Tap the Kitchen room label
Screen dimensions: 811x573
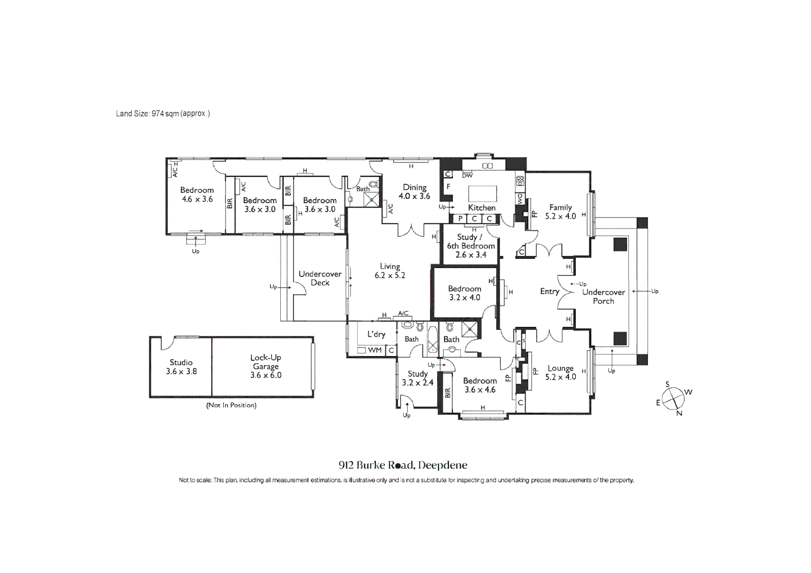pyautogui.click(x=481, y=208)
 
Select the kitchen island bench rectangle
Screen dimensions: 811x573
pyautogui.click(x=482, y=194)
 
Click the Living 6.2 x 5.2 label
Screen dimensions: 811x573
pyautogui.click(x=390, y=271)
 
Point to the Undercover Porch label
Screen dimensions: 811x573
pyautogui.click(x=603, y=297)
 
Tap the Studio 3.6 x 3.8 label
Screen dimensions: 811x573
pyautogui.click(x=181, y=367)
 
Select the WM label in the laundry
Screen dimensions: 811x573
pyautogui.click(x=375, y=350)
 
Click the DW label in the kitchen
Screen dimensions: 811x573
pyautogui.click(x=468, y=176)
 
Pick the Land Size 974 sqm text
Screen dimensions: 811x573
pyautogui.click(x=163, y=114)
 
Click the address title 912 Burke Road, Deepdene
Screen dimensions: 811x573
pyautogui.click(x=403, y=465)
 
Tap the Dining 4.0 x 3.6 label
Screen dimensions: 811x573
pyautogui.click(x=415, y=192)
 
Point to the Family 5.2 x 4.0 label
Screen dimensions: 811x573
pyautogui.click(x=560, y=212)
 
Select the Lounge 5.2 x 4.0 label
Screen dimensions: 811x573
pyautogui.click(x=560, y=372)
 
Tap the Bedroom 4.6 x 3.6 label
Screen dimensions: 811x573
pyautogui.click(x=197, y=194)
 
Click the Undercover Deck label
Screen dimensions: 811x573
pyautogui.click(x=320, y=279)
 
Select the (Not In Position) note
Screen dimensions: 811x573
pyautogui.click(x=231, y=405)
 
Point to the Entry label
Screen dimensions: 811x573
pyautogui.click(x=549, y=291)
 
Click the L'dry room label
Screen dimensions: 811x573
pyautogui.click(x=376, y=334)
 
